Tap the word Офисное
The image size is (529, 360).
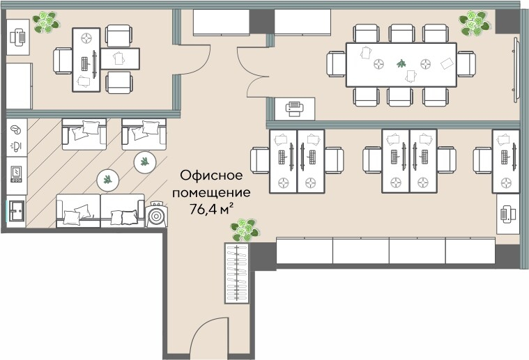pos(207,175)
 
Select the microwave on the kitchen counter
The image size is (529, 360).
pos(16,171)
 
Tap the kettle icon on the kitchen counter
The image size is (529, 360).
pos(16,147)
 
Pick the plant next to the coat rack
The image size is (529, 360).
pos(243,228)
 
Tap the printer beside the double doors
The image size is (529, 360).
pos(294,109)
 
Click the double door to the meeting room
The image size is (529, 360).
pos(253,70)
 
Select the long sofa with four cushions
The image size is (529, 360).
pos(100,211)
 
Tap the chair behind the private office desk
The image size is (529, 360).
pos(62,61)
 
